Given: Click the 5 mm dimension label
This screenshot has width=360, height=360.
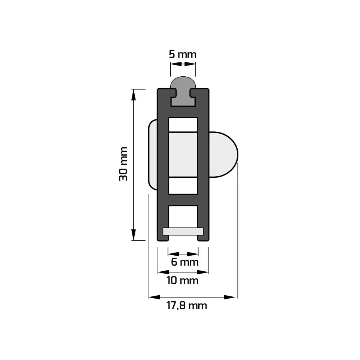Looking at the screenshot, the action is click(x=183, y=54).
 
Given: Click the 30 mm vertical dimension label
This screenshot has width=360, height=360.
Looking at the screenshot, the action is click(x=123, y=164).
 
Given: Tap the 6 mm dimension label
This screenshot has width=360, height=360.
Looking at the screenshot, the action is click(x=185, y=262).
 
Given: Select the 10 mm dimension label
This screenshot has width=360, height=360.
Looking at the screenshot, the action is click(x=183, y=281).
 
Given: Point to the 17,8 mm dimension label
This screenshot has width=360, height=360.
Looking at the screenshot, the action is click(x=187, y=306).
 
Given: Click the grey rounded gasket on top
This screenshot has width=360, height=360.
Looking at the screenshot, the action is click(x=183, y=91).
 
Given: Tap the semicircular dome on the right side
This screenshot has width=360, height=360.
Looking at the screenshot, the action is click(x=223, y=155).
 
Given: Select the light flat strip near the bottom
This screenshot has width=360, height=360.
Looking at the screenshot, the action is click(x=183, y=231).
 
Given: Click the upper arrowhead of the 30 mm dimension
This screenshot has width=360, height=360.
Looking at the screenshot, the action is click(x=133, y=95).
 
